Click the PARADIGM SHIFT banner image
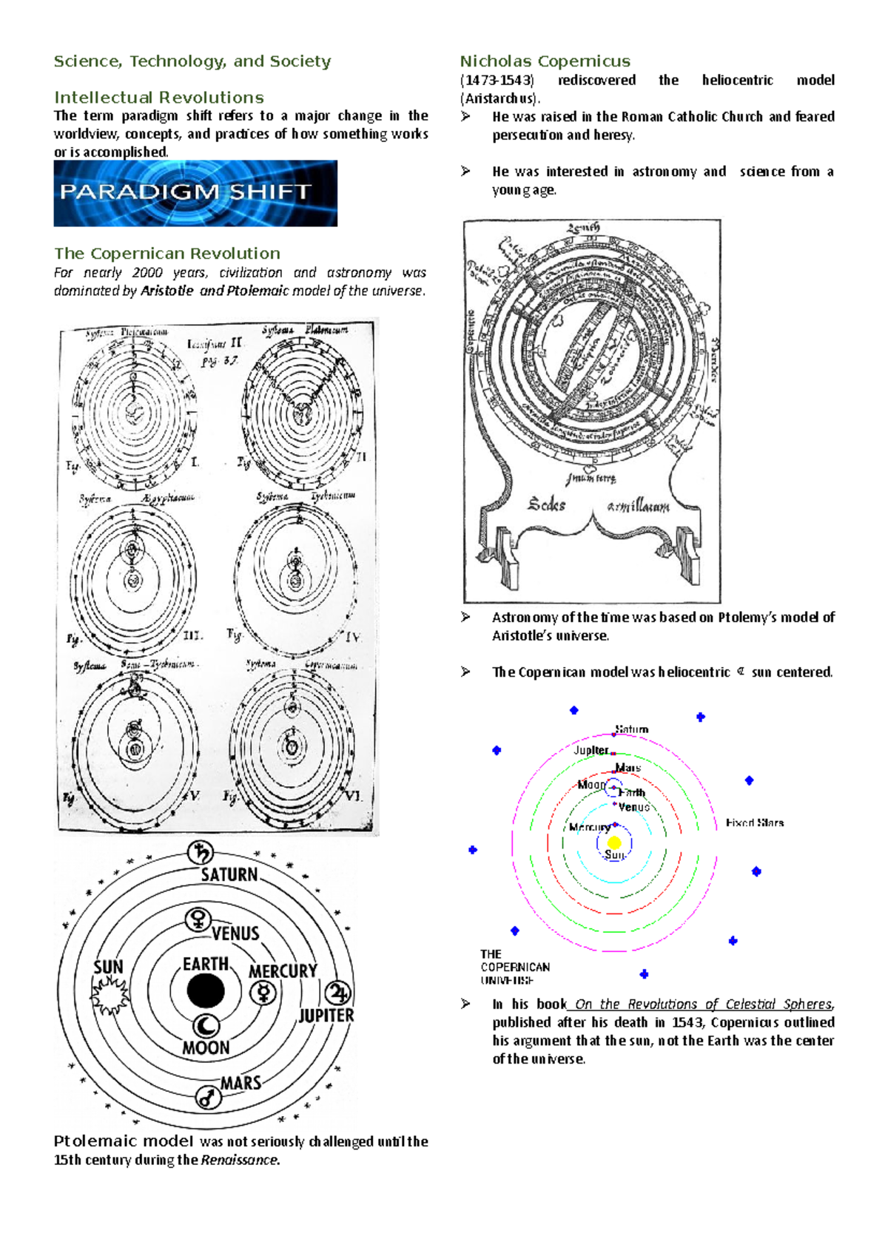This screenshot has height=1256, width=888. (195, 193)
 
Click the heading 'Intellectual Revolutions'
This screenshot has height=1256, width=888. (158, 98)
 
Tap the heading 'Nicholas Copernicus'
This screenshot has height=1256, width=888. (545, 61)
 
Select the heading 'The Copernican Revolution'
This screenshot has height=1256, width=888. (166, 254)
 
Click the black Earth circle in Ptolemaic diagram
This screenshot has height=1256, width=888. (206, 991)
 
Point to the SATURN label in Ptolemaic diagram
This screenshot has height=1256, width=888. (229, 874)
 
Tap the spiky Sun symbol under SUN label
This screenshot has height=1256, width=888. (110, 995)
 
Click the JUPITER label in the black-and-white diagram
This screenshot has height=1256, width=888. (326, 1016)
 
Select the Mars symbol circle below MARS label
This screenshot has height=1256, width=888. (209, 1097)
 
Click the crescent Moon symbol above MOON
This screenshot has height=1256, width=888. (206, 1026)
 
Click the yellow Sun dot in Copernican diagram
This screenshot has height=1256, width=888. (614, 843)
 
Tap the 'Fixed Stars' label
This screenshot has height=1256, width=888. (754, 823)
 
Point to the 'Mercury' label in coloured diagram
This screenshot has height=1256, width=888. (589, 828)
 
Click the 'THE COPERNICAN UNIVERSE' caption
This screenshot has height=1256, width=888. (515, 967)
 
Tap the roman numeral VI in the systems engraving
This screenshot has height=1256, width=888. (352, 797)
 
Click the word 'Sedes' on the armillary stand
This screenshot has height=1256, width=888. (547, 505)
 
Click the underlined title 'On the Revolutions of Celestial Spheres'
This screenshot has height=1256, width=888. (703, 1004)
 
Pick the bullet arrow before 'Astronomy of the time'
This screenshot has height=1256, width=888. (465, 617)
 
